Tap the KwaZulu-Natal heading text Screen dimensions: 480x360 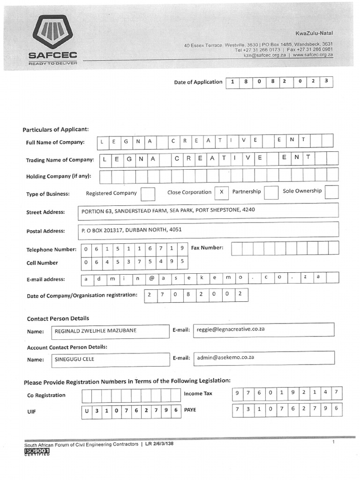(x=314, y=33)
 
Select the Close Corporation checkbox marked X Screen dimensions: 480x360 (x=221, y=193)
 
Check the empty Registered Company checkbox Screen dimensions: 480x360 (x=148, y=194)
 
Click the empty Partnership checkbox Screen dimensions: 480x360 (x=271, y=193)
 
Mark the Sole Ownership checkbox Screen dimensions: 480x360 (x=331, y=192)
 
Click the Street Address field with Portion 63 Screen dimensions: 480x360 (x=208, y=211)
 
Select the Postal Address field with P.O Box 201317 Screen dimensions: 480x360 (x=208, y=230)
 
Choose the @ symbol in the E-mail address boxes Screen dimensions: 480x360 (x=151, y=278)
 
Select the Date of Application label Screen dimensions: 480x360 (x=198, y=82)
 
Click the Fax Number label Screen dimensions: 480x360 (x=207, y=247)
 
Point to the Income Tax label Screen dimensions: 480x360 (x=198, y=394)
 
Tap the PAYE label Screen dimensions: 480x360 (x=190, y=410)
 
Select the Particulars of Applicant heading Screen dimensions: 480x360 (x=55, y=129)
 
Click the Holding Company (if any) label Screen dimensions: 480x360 (x=59, y=177)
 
